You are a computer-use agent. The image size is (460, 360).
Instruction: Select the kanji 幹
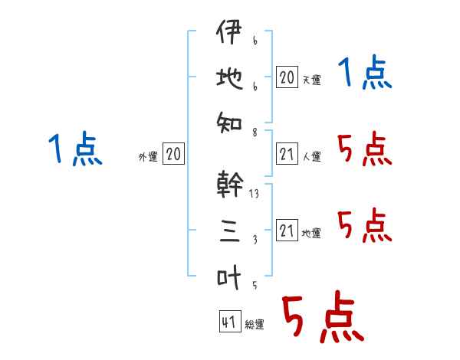(x=230, y=185)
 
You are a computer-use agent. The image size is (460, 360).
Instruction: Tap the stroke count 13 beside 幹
(x=254, y=194)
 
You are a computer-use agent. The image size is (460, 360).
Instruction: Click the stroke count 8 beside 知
(x=254, y=133)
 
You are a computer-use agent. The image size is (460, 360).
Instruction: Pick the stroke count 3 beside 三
(x=254, y=240)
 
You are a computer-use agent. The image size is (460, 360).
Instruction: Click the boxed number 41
(x=228, y=322)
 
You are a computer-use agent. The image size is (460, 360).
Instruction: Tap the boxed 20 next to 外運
(x=173, y=155)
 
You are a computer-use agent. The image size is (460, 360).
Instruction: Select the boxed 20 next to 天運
(x=287, y=77)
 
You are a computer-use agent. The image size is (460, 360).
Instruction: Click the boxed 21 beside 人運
(x=287, y=154)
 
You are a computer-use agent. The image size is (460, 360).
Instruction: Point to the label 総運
(x=254, y=325)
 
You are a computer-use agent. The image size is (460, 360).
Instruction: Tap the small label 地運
(x=311, y=234)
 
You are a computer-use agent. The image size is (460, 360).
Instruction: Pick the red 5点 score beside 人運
(x=363, y=150)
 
